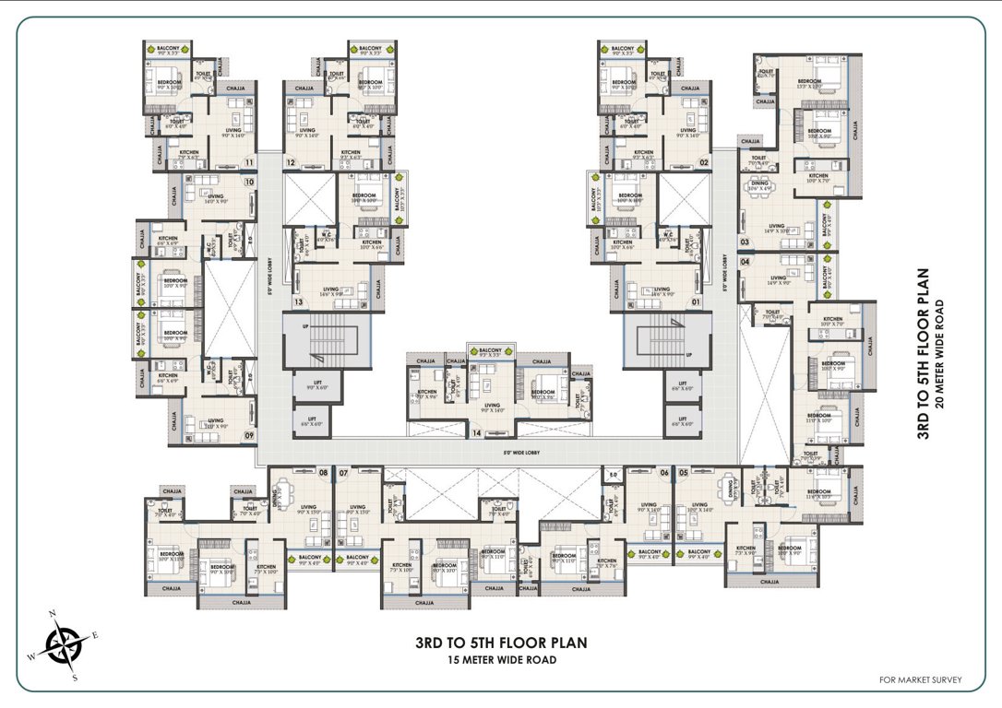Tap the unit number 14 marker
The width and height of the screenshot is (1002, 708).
tap(477, 432)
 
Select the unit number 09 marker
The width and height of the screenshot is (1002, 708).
tap(249, 437)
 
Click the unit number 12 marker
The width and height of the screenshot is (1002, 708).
tap(290, 163)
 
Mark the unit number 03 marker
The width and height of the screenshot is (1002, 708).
tap(745, 242)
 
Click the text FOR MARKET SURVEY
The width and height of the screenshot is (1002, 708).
tap(920, 680)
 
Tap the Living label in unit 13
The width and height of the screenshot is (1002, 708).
tap(330, 289)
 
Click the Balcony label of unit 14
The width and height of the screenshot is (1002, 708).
tap(490, 350)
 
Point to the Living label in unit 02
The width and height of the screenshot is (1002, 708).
tap(686, 131)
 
